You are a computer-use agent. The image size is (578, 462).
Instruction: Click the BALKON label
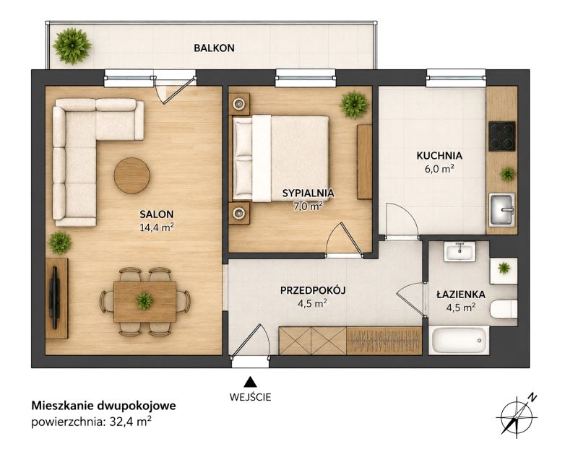click(x=214, y=48)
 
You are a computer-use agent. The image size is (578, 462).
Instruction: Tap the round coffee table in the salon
click(x=132, y=175)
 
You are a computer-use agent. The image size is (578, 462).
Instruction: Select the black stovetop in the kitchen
click(x=501, y=136)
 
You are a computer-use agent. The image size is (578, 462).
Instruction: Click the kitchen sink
click(x=501, y=209)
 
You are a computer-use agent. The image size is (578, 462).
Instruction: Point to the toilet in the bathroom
click(x=504, y=309)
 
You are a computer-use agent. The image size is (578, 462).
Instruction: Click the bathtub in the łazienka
click(x=459, y=340)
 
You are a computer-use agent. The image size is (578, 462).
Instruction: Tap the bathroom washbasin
click(x=459, y=252)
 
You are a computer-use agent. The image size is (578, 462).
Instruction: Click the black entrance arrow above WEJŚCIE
click(x=250, y=382)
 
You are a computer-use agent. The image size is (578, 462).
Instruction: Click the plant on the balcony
click(x=72, y=46)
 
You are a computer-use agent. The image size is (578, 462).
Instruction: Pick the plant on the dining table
click(x=144, y=301)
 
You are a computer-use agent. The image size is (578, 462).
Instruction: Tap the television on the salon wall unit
click(x=55, y=297)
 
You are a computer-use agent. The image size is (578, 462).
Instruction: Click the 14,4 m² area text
click(x=157, y=227)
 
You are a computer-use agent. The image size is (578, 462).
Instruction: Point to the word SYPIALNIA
click(x=309, y=193)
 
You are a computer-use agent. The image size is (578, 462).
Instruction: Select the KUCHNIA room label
click(x=439, y=155)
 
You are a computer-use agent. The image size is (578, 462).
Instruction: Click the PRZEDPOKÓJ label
click(x=313, y=291)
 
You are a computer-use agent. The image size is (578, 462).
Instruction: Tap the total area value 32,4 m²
click(x=130, y=422)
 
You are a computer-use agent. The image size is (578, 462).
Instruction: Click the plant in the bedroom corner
click(x=354, y=104)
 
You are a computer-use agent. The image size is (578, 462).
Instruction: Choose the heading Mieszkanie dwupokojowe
click(x=103, y=406)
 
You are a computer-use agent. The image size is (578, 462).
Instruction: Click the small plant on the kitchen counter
click(x=508, y=174)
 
